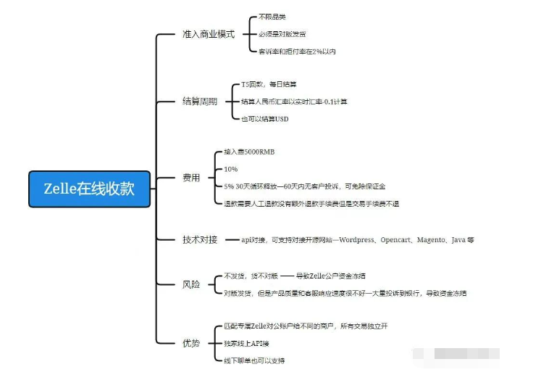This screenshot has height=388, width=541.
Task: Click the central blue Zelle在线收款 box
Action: click(89, 189)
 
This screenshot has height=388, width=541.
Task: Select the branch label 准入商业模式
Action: click(209, 34)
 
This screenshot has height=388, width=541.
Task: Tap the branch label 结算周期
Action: click(199, 102)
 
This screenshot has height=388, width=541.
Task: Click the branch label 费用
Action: click(191, 178)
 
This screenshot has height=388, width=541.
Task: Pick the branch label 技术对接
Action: click(199, 239)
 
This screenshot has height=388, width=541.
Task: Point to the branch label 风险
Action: click(191, 285)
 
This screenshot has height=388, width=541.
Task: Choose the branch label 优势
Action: click(191, 342)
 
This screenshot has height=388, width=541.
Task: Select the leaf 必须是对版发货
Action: click(282, 34)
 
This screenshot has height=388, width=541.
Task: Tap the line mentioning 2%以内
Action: click(297, 51)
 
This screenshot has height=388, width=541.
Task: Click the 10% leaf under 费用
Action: click(231, 169)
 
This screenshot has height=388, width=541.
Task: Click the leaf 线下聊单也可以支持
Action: click(254, 360)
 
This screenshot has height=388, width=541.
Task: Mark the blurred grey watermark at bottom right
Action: click(456, 355)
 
